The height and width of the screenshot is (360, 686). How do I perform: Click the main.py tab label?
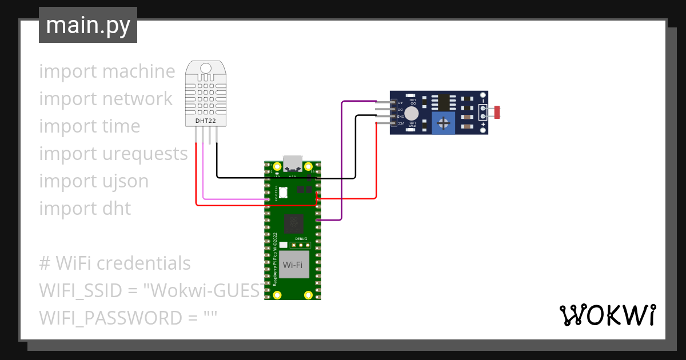tap(87, 25)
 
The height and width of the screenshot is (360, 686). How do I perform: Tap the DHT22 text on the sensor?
tap(205, 121)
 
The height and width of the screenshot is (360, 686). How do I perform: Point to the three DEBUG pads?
tap(301, 245)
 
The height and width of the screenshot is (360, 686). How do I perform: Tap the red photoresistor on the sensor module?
tap(496, 113)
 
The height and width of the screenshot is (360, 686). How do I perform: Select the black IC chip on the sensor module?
tap(443, 102)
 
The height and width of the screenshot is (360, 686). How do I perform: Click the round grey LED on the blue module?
tap(411, 115)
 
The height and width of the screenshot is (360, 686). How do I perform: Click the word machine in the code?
tap(139, 71)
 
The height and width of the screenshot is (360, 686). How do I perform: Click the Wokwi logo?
tap(607, 315)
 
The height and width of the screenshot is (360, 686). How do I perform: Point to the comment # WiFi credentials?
tap(115, 263)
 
